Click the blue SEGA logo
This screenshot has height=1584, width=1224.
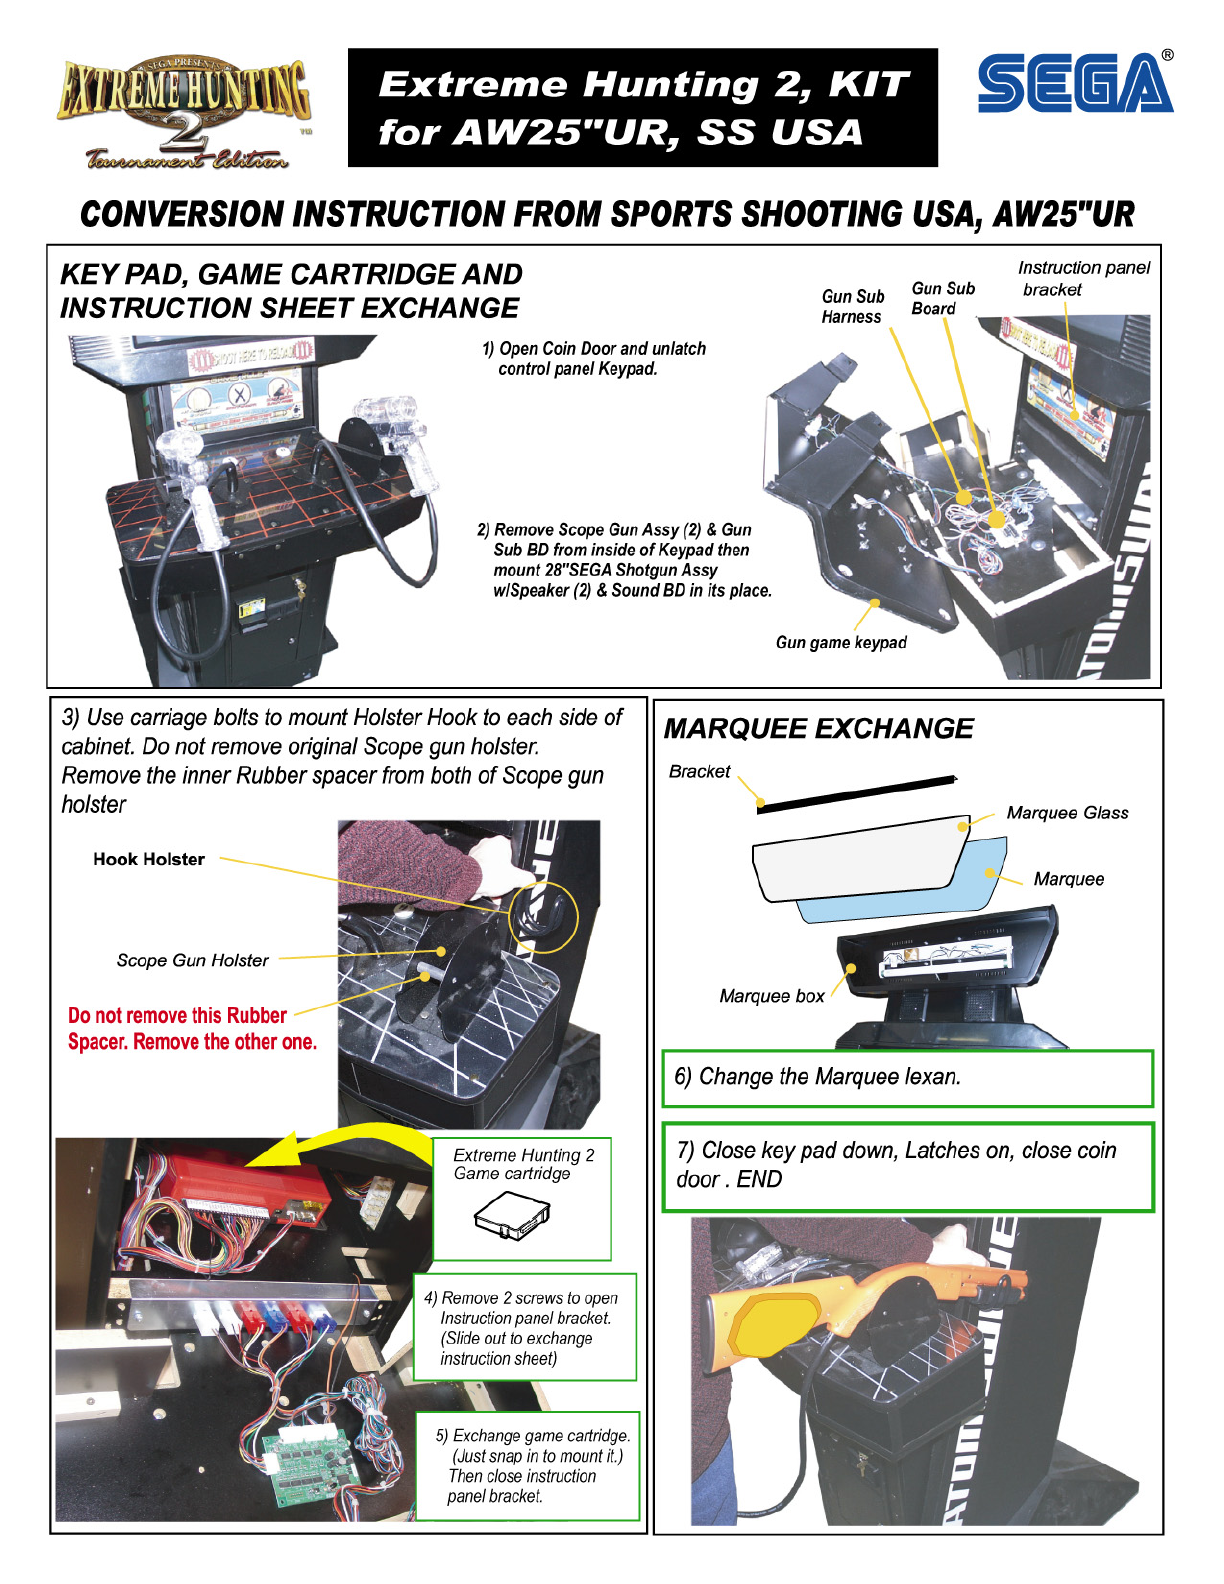(1075, 84)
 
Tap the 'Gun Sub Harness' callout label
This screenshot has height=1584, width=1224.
(852, 307)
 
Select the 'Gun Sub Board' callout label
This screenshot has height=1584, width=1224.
(942, 298)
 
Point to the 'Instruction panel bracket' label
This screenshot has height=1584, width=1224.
(1083, 279)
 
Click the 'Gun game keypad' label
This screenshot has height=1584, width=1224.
(841, 643)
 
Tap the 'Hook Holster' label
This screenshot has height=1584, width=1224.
(149, 859)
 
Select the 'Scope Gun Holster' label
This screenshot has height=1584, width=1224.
(192, 961)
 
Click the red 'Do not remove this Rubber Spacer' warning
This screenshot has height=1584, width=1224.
(191, 1029)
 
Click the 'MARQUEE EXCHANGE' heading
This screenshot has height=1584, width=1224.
(818, 729)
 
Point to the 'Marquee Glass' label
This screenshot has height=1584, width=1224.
(1067, 813)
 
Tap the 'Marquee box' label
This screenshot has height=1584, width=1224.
(772, 996)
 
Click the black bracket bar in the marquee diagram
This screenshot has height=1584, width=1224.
(856, 793)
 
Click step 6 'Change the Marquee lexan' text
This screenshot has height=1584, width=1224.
(817, 1077)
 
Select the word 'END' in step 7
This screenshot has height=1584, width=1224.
(760, 1180)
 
